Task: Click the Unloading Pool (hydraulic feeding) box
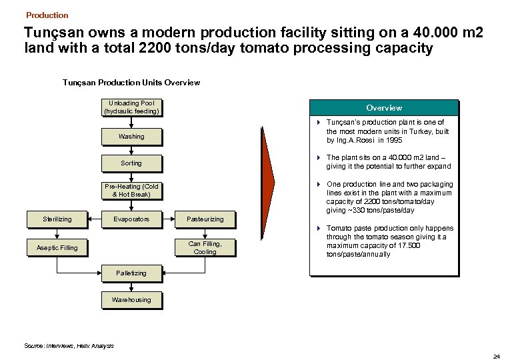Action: tap(131, 107)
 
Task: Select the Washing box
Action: tap(131, 137)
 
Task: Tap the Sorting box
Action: tap(131, 163)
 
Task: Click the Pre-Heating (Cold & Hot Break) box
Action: tap(131, 190)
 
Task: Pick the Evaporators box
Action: tap(131, 219)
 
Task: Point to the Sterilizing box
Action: tap(57, 219)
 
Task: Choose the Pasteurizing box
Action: tap(205, 219)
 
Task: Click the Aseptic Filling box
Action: tap(57, 248)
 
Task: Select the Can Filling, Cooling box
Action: tap(205, 247)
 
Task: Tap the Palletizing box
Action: tap(131, 273)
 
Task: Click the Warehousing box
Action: tap(131, 300)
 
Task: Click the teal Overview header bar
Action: tap(384, 108)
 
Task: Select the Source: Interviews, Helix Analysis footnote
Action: tap(69, 346)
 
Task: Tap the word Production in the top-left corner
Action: tap(47, 15)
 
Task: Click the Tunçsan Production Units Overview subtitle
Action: tap(131, 83)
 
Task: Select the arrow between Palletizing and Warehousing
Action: tap(131, 287)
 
